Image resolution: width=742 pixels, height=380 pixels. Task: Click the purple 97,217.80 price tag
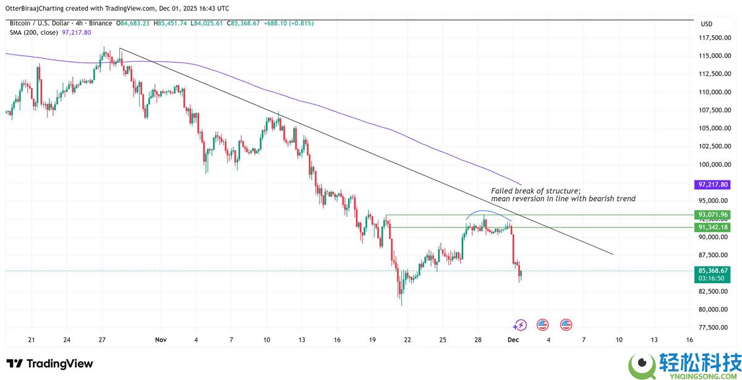pyautogui.click(x=713, y=185)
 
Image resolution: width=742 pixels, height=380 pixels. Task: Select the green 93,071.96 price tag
pyautogui.click(x=713, y=215)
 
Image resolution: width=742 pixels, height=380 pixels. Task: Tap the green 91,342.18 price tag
pyautogui.click(x=713, y=227)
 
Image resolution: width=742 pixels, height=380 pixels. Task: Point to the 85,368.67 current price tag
pyautogui.click(x=713, y=271)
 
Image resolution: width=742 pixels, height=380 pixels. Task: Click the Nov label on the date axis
pyautogui.click(x=161, y=340)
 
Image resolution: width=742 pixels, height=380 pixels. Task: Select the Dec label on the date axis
pyautogui.click(x=513, y=340)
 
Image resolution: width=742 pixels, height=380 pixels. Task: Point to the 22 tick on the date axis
pyautogui.click(x=407, y=340)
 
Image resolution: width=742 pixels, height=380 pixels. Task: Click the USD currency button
pyautogui.click(x=706, y=23)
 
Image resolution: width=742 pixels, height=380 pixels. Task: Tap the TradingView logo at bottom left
pyautogui.click(x=49, y=364)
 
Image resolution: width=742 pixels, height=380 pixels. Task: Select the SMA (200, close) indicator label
pyautogui.click(x=34, y=32)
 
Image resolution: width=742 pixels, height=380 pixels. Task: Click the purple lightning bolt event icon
pyautogui.click(x=520, y=324)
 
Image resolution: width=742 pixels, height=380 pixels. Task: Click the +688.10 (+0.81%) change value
pyautogui.click(x=289, y=23)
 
